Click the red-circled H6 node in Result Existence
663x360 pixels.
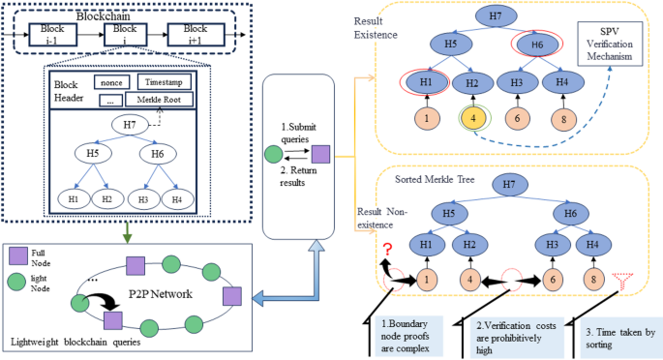point(533,45)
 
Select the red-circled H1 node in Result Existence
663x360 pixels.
point(423,83)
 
